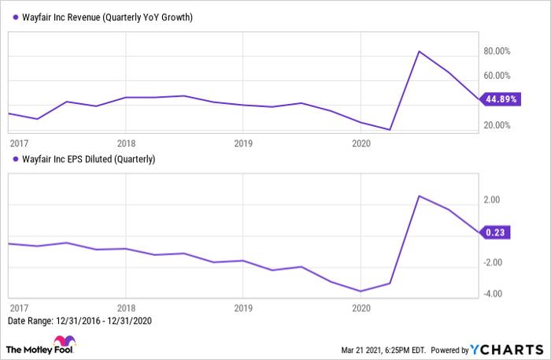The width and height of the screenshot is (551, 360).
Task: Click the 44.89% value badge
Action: click(x=501, y=99)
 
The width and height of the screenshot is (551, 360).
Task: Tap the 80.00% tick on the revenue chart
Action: click(x=498, y=51)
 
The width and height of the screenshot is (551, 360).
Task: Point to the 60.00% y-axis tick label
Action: click(x=498, y=76)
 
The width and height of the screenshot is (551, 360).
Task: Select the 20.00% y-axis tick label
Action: click(x=498, y=125)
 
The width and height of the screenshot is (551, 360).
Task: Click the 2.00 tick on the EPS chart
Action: click(x=493, y=200)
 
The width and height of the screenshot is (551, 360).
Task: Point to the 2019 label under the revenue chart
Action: click(x=242, y=143)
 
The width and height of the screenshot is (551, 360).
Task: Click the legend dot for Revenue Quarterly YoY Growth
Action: click(x=12, y=17)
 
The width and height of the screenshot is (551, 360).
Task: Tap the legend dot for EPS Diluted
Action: click(x=12, y=159)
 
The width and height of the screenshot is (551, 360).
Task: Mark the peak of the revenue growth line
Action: click(x=420, y=51)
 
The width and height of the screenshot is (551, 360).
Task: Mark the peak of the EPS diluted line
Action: click(x=420, y=196)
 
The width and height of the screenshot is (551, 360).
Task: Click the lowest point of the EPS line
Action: click(x=361, y=291)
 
